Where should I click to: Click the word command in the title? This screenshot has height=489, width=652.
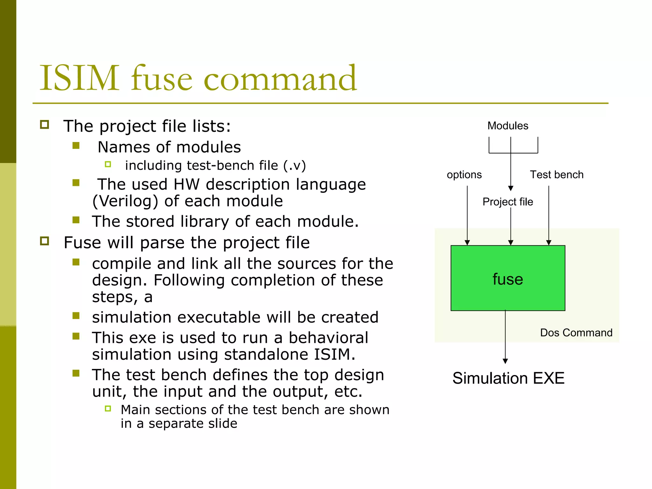click(280, 79)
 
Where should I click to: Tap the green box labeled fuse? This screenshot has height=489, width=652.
click(508, 278)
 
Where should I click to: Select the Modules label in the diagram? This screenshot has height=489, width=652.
click(508, 126)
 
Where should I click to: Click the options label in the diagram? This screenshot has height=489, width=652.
click(464, 175)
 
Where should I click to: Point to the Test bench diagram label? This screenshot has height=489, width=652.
click(556, 175)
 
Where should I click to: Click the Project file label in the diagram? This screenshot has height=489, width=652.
click(508, 202)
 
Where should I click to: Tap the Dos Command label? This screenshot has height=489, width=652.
click(576, 333)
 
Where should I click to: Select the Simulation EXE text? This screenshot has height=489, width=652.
click(508, 378)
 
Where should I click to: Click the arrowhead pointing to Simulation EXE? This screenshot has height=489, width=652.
click(505, 361)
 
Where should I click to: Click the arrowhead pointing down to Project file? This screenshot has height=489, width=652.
click(511, 188)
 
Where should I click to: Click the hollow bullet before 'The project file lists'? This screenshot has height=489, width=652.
click(45, 124)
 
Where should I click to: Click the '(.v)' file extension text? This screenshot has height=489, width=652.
click(294, 166)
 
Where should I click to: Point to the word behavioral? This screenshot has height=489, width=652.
click(328, 338)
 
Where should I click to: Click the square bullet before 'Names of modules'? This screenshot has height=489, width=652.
click(76, 146)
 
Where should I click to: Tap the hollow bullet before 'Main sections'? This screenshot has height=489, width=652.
click(108, 408)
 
